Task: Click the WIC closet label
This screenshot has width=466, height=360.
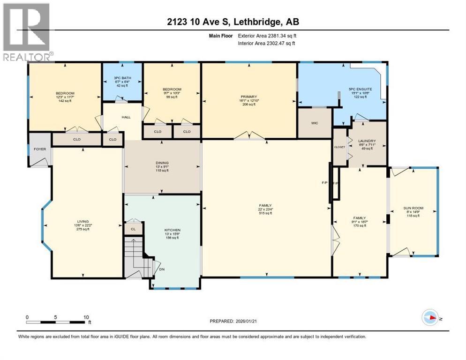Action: pos(314,124)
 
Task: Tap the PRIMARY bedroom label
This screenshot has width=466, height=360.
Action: pos(248,97)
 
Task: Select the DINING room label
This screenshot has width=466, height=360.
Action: pos(162,163)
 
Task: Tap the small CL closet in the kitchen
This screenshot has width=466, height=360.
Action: pos(133,229)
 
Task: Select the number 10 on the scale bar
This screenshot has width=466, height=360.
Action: pos(86,317)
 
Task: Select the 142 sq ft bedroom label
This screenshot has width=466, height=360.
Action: pos(65,101)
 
